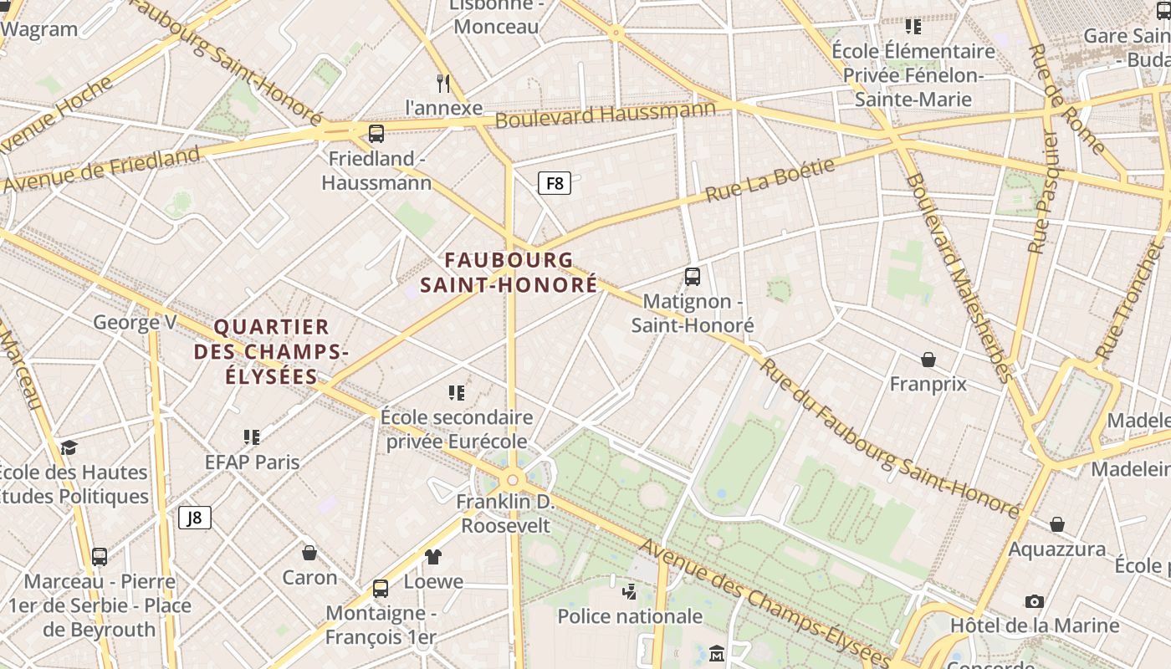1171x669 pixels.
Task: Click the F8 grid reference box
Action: pyautogui.click(x=554, y=183)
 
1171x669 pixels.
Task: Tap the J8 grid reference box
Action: pyautogui.click(x=194, y=518)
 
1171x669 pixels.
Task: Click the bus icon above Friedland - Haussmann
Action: pyautogui.click(x=376, y=134)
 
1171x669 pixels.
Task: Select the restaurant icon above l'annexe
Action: pyautogui.click(x=444, y=83)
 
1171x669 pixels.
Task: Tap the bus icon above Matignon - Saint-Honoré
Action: pyautogui.click(x=693, y=276)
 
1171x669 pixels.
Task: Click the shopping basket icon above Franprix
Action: pyautogui.click(x=928, y=360)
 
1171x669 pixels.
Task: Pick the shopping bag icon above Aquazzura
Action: pyautogui.click(x=1057, y=524)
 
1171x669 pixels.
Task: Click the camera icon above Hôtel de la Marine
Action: pyautogui.click(x=1035, y=601)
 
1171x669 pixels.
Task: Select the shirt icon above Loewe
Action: pyautogui.click(x=433, y=556)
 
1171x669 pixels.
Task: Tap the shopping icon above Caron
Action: pyautogui.click(x=309, y=553)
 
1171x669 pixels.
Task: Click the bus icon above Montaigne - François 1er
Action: pyautogui.click(x=381, y=588)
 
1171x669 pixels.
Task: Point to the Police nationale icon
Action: pyautogui.click(x=630, y=592)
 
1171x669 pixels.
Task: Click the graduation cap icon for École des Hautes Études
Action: pyautogui.click(x=69, y=447)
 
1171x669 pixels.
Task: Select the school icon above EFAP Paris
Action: pyautogui.click(x=252, y=437)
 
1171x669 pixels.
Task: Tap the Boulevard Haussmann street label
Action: pyautogui.click(x=606, y=114)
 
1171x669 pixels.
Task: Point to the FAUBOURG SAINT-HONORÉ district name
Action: pyautogui.click(x=509, y=273)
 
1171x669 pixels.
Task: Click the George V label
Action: pyautogui.click(x=135, y=322)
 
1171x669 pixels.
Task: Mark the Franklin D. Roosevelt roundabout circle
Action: pyautogui.click(x=512, y=480)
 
